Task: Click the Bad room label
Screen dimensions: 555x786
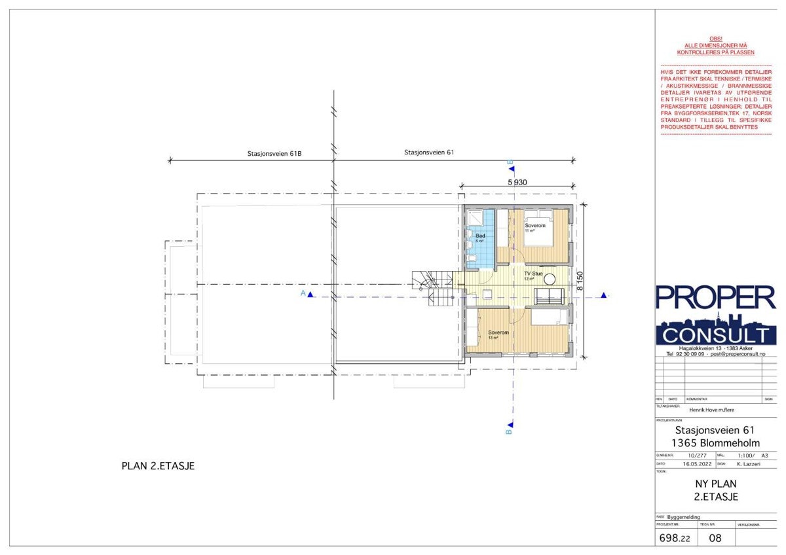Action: (479, 235)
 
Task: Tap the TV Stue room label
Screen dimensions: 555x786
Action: (533, 274)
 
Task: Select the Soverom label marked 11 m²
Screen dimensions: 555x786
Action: (534, 226)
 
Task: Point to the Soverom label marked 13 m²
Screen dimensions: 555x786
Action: (498, 333)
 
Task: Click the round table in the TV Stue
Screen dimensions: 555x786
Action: (551, 278)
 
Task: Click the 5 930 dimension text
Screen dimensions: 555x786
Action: (517, 183)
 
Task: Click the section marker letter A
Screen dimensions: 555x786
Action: (303, 294)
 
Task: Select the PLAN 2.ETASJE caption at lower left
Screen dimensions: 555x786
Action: (159, 466)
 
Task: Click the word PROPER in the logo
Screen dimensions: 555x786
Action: (715, 298)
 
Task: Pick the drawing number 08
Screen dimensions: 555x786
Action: (716, 539)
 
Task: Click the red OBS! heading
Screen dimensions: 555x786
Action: (716, 39)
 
